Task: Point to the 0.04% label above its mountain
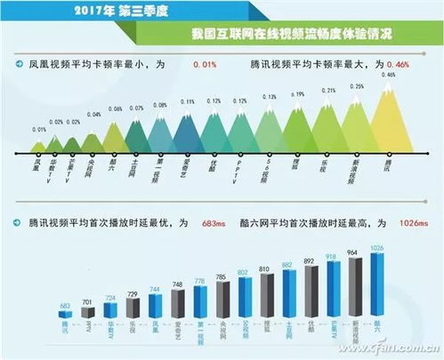click(94, 115)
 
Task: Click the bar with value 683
click(64, 316)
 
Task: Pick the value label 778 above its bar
click(199, 282)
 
